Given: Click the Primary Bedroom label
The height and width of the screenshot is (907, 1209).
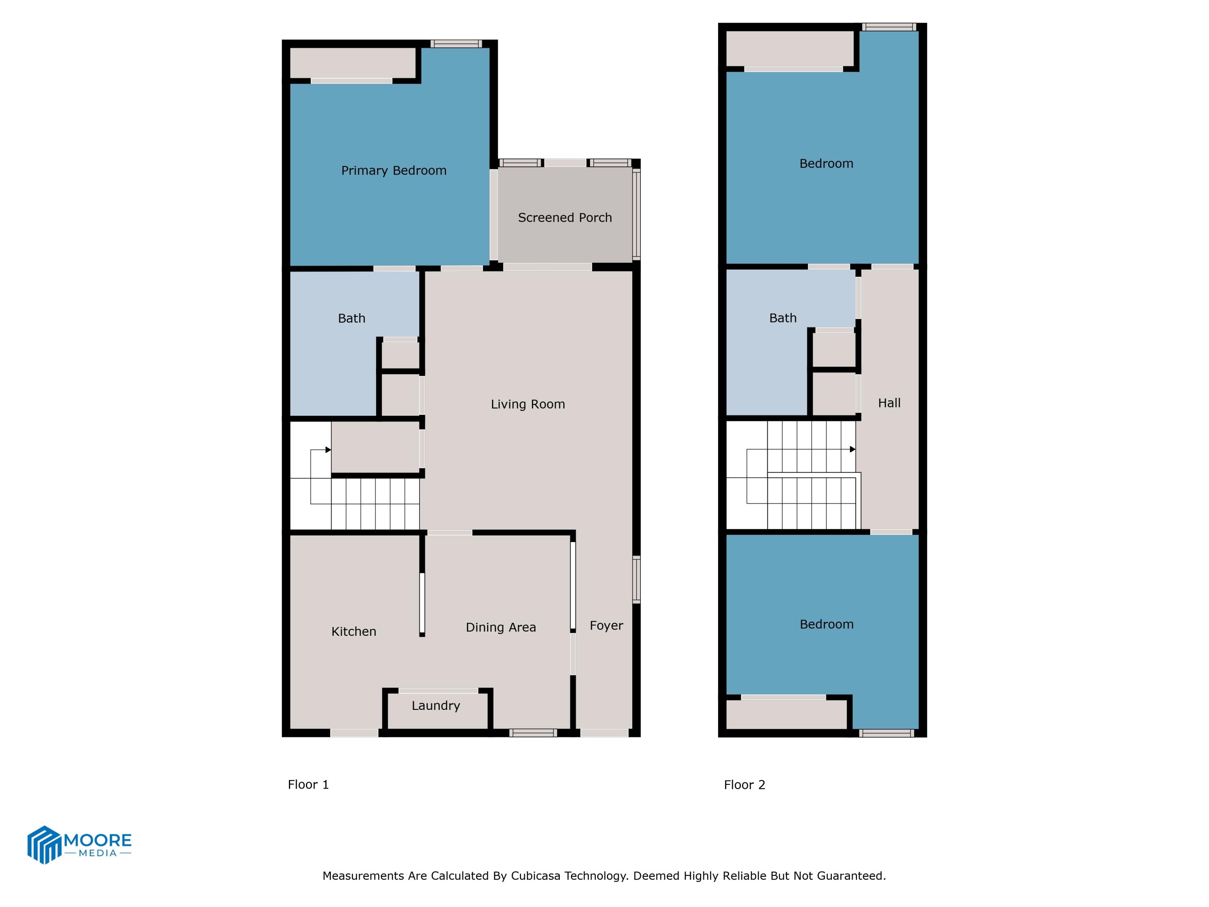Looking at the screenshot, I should click(393, 171).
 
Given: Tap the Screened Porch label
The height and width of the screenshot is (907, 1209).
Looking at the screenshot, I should click(565, 218).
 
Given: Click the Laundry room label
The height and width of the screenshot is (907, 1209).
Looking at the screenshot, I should click(436, 705).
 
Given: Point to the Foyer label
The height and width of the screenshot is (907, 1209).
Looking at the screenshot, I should click(606, 626).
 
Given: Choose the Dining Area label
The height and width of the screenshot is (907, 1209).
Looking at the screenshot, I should click(501, 627).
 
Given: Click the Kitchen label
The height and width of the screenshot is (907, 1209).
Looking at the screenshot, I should click(353, 631).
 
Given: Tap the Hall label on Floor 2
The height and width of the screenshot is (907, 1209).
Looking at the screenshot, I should click(889, 403).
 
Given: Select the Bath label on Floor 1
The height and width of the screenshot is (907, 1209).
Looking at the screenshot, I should click(351, 318).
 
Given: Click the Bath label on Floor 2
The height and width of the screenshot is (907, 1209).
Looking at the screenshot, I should click(783, 318).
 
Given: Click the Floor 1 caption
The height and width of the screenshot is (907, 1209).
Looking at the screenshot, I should click(308, 784).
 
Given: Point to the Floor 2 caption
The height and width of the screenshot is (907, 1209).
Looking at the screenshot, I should click(744, 784).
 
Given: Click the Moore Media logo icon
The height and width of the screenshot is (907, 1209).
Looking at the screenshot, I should click(44, 845).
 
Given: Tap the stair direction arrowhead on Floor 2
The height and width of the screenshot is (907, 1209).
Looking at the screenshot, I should click(853, 449).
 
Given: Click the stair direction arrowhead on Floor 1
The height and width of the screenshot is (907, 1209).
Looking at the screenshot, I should click(328, 450).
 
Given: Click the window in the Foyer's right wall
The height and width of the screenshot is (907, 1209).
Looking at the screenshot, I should click(636, 580).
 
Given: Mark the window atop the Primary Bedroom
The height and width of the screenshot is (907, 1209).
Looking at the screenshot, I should click(456, 44).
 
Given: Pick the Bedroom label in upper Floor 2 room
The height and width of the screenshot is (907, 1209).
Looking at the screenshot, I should click(826, 164).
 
